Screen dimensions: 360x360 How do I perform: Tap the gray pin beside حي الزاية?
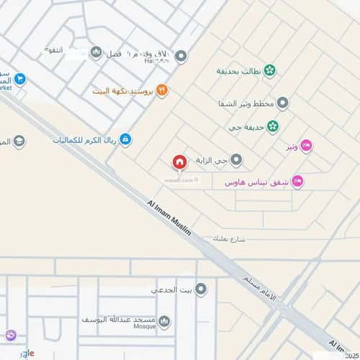[236, 160]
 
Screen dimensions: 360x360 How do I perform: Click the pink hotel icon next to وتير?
[305, 145]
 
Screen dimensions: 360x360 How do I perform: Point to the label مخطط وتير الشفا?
[246, 104]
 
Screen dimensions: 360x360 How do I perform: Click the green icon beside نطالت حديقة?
[269, 71]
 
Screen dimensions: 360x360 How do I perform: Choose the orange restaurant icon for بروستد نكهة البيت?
[162, 91]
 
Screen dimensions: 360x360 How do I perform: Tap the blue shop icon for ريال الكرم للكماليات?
[125, 138]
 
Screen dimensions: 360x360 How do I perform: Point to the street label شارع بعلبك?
[230, 238]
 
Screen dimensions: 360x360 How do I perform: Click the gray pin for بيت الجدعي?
[201, 289]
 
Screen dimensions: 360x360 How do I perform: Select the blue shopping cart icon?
[20, 79]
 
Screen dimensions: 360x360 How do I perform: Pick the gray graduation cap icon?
[19, 141]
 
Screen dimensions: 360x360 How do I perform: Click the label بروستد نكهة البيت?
[124, 91]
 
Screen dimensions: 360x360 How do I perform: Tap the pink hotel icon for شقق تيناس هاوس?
[298, 181]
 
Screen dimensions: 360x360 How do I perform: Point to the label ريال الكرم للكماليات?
[81, 138]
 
